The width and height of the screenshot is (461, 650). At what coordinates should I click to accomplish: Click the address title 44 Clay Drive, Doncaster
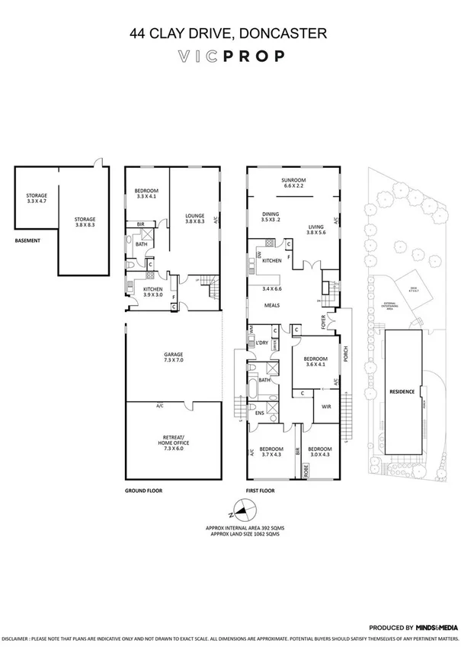coord(229,33)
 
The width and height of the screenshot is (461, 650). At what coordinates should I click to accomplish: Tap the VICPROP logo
coord(230,56)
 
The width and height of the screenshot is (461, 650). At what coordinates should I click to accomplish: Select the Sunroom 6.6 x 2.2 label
coord(293,182)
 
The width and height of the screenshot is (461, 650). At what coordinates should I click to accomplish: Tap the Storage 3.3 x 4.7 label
coord(37,198)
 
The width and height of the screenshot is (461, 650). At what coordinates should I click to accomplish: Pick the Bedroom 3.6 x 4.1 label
coord(316,362)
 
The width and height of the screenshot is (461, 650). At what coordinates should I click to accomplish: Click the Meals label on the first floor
coord(272,304)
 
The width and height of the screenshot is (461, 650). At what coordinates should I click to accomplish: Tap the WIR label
coord(325,407)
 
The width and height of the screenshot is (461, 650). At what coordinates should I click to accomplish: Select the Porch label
coord(345,356)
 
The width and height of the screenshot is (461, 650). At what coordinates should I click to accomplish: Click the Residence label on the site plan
coord(402,391)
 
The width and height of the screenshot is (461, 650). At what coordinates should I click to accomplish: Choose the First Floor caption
coord(261,491)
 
